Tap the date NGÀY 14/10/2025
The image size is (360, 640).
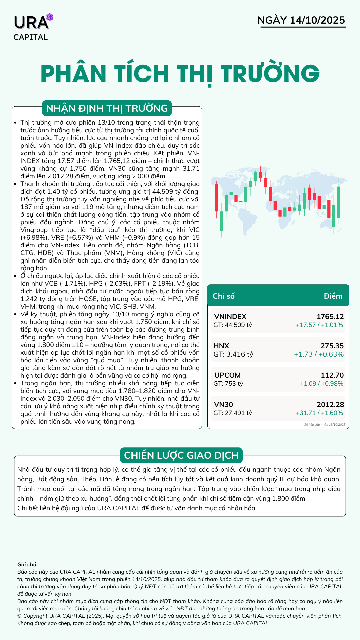[301, 20]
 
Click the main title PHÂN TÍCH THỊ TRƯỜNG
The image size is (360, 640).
[180, 74]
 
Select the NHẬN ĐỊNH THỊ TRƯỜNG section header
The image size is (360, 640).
[107, 108]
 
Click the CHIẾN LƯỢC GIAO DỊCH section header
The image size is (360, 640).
[181, 455]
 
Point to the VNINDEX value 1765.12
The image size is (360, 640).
[330, 316]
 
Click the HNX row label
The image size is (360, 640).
[221, 346]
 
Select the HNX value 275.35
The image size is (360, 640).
[332, 346]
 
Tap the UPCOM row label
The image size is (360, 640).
[227, 375]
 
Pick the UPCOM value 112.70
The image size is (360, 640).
[332, 375]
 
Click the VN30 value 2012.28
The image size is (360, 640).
[330, 404]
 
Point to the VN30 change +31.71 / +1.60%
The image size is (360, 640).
[319, 413]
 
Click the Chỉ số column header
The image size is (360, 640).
[224, 296]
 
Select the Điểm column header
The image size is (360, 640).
[333, 296]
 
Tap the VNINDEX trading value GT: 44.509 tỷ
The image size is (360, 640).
[233, 325]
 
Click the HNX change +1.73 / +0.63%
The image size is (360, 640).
[319, 354]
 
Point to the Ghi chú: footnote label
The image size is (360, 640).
[27, 564]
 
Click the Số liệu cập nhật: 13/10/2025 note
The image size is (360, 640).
[325, 425]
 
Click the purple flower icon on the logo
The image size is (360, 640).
[50, 17]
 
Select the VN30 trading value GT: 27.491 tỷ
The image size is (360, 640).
[233, 413]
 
